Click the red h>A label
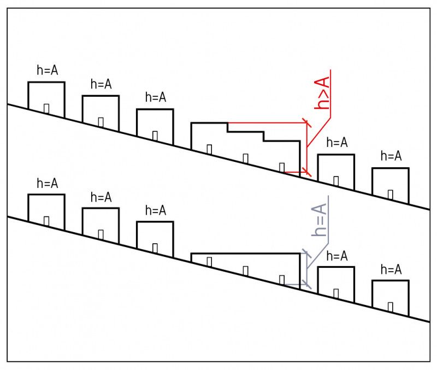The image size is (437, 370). coord(323,93)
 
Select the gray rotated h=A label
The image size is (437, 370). coord(319,219)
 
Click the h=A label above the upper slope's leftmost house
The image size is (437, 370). coord(46,71)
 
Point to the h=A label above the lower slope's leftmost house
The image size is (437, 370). coord(46,184)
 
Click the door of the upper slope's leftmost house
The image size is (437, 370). coord(46,108)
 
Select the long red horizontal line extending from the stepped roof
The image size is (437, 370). coord(268,123)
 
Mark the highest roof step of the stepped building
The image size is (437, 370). coord(209,124)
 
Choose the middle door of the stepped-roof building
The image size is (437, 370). coord(245,158)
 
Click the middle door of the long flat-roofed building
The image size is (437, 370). coord(245,270)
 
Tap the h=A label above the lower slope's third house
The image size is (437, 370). coord(155,211)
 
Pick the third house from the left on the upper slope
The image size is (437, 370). coord(155,127)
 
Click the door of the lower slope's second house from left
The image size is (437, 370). coord(101,234)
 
